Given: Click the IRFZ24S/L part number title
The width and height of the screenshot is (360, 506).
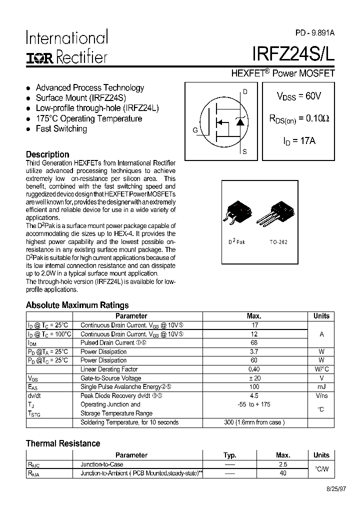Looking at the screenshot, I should tap(293, 53).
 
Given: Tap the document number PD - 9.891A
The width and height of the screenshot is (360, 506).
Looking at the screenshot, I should tap(314, 33).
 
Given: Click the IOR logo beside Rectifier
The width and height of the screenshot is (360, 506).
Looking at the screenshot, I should tap(40, 57).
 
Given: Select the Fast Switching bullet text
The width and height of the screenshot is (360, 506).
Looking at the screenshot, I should tap(61, 129).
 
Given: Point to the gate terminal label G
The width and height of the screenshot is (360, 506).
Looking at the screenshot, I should tap(195, 130).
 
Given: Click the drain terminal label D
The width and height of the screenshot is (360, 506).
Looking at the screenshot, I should tap(245, 91).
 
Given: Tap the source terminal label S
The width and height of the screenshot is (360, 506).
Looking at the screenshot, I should tap(244, 151).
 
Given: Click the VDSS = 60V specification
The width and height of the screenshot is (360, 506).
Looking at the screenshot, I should tap(299, 96).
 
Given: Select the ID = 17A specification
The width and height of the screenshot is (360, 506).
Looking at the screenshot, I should tap(299, 141).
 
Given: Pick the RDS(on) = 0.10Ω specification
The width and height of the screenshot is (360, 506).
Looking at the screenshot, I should tap(299, 119).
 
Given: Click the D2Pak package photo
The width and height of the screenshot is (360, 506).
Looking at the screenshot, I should tap(236, 215).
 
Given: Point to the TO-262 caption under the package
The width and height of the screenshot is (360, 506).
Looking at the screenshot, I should tap(278, 242).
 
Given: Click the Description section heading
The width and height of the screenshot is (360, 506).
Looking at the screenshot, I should tap(47, 154).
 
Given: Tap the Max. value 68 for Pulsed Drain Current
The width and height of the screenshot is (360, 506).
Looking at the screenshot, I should tap(254, 342).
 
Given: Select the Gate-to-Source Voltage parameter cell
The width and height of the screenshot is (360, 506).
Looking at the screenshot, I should tap(110, 378).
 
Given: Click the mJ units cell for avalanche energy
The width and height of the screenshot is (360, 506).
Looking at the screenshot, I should tap(321, 387).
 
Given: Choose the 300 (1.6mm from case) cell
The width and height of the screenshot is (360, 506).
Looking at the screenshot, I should tap(254, 422).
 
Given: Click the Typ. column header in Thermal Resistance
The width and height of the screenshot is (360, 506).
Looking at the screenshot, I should tap(229, 455).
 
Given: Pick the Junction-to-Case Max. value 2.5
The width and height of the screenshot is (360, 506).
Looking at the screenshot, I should tap(283, 464).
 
